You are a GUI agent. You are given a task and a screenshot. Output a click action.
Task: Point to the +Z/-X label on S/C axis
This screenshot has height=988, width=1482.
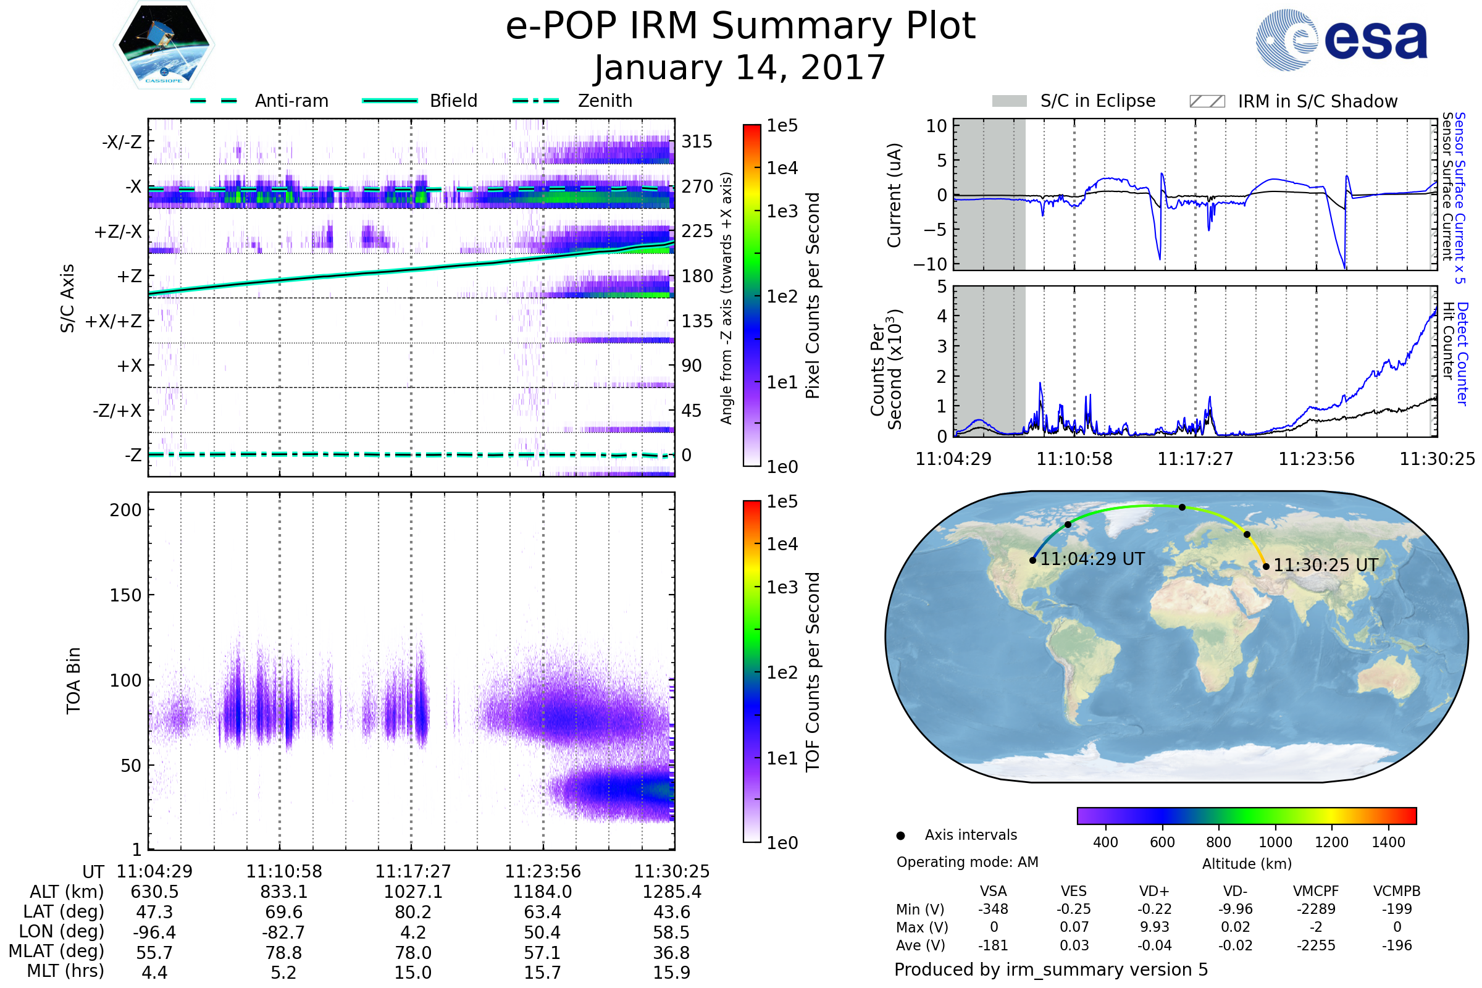pyautogui.click(x=118, y=232)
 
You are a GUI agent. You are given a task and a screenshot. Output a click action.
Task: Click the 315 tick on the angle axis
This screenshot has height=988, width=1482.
pyautogui.click(x=697, y=141)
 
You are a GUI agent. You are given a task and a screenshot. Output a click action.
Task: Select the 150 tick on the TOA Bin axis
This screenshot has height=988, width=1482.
pyautogui.click(x=125, y=595)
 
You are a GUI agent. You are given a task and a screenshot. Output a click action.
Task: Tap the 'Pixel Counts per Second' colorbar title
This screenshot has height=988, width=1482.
pyautogui.click(x=813, y=296)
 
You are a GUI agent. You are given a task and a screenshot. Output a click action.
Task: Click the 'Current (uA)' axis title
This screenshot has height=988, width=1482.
pyautogui.click(x=894, y=195)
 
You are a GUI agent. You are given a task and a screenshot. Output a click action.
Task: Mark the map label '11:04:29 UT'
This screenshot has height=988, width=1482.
pyautogui.click(x=1092, y=559)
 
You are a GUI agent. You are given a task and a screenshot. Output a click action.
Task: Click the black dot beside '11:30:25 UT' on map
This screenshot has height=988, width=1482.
pyautogui.click(x=1266, y=566)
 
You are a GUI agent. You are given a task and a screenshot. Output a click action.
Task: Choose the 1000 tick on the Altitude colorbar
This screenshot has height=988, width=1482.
pyautogui.click(x=1275, y=842)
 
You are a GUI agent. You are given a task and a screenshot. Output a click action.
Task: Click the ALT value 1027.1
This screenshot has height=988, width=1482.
pyautogui.click(x=412, y=892)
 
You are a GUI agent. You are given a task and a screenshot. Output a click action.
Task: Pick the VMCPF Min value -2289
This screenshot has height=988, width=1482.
pyautogui.click(x=1316, y=909)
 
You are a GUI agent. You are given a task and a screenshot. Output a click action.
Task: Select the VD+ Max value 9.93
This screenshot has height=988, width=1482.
pyautogui.click(x=1154, y=927)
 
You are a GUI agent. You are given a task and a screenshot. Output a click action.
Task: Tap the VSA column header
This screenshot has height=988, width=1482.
pyautogui.click(x=993, y=891)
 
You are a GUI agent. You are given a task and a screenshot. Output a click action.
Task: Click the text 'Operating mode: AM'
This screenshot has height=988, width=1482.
pyautogui.click(x=967, y=862)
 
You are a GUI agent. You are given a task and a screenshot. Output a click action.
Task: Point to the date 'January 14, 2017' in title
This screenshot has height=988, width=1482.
pyautogui.click(x=740, y=68)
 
